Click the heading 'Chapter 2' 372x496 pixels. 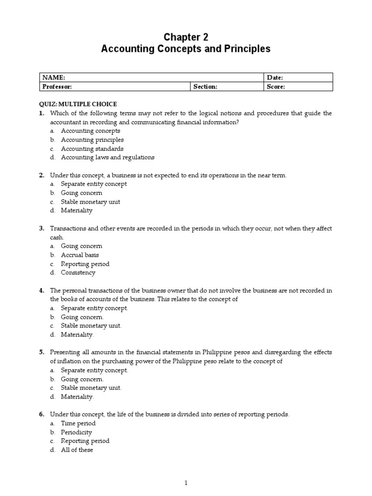tap(186, 37)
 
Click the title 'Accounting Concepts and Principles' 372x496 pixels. tap(186, 49)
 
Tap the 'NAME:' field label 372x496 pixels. tap(53, 77)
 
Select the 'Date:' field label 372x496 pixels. tap(275, 77)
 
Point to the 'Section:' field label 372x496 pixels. tap(205, 87)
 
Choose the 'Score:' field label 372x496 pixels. tap(276, 87)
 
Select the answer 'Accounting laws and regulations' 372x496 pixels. tap(108, 157)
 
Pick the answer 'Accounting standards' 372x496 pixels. tap(92, 149)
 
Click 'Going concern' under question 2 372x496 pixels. tap(81, 193)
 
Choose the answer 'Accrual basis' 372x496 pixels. tap(80, 255)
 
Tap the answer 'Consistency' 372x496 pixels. tap(78, 273)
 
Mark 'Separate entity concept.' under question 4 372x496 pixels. tap(94, 308)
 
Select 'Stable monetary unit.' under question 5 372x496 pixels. tap(91, 388)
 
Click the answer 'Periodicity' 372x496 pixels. tap(76, 432)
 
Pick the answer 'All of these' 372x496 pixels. tap(77, 450)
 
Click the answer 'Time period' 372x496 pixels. tap(78, 423)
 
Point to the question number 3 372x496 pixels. tap(42, 229)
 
